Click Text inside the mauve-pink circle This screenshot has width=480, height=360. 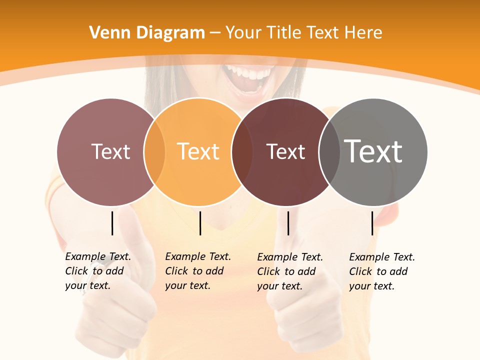point(110,151)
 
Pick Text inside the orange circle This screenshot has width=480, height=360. point(198,151)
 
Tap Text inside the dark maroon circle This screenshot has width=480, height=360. point(285,151)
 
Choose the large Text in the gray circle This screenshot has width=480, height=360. point(373,151)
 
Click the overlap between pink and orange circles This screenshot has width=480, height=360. point(154,152)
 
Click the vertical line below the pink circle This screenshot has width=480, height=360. point(112,223)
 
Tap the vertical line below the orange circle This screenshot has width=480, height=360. point(200,223)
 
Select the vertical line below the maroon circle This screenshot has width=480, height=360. point(288,223)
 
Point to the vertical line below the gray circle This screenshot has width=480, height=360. point(372,223)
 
